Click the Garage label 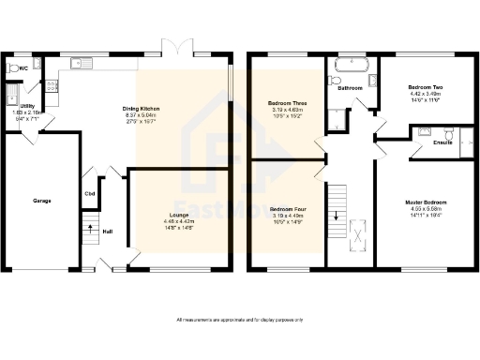click(x=42, y=201)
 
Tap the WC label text click(x=22, y=68)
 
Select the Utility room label click(x=27, y=108)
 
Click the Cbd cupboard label click(x=90, y=194)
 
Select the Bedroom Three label click(x=287, y=101)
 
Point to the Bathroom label click(x=351, y=88)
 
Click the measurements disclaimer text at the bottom click(x=240, y=321)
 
